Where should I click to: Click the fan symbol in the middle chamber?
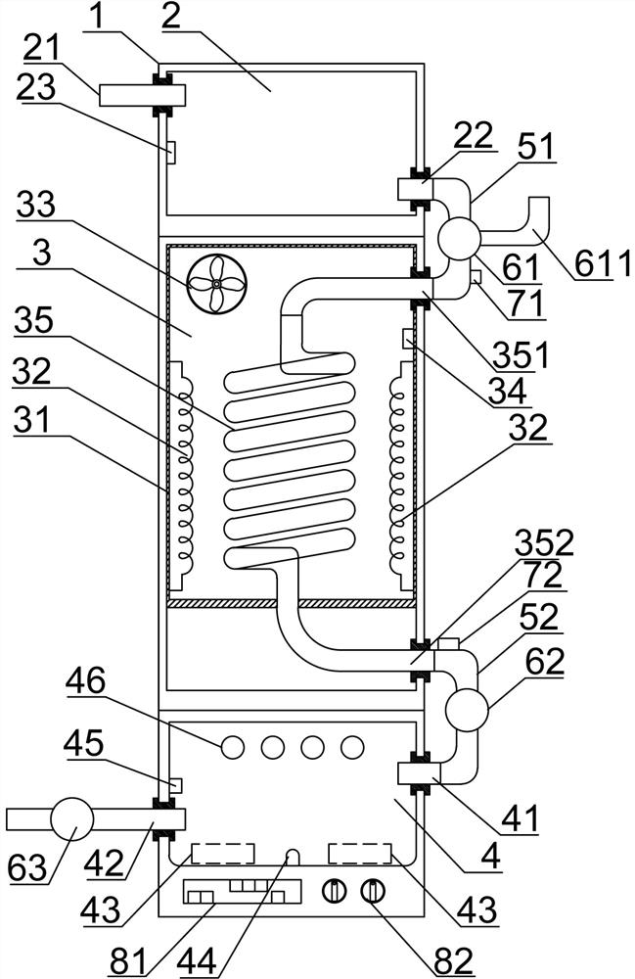216,284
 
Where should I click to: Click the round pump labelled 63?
71,818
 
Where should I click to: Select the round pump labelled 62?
466,709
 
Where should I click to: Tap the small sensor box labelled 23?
171,152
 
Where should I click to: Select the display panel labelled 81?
242,891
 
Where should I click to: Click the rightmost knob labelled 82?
373,891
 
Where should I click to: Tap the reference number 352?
544,544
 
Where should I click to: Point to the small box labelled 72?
449,644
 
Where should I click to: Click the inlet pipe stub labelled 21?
142,96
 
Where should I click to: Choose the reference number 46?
86,680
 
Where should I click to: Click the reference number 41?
520,818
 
